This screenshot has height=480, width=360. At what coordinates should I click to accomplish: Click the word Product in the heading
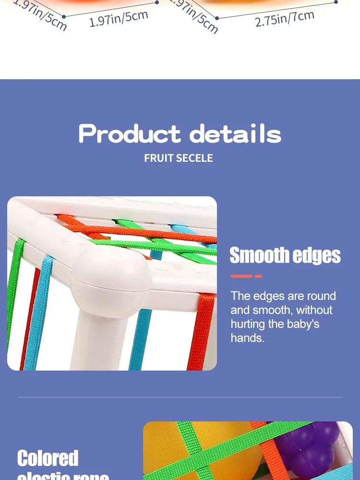130,134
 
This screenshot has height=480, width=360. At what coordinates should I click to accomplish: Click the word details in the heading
235,134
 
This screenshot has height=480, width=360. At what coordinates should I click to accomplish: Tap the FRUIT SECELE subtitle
179,158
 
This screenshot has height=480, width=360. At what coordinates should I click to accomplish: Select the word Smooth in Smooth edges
258,256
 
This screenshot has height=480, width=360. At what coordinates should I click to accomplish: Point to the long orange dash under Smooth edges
241,276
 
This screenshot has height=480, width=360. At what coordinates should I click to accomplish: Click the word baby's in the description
303,324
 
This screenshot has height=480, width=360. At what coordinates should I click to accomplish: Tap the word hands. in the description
247,338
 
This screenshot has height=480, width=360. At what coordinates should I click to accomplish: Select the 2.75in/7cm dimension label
285,18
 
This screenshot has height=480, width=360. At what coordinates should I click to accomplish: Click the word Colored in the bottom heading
48,458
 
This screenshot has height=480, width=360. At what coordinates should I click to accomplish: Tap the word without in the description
314,310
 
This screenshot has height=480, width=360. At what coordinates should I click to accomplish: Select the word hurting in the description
247,324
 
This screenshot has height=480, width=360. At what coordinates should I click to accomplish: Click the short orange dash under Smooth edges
258,276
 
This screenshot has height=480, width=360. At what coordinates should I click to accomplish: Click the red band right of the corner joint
202,331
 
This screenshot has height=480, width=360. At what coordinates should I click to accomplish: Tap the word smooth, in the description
272,310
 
